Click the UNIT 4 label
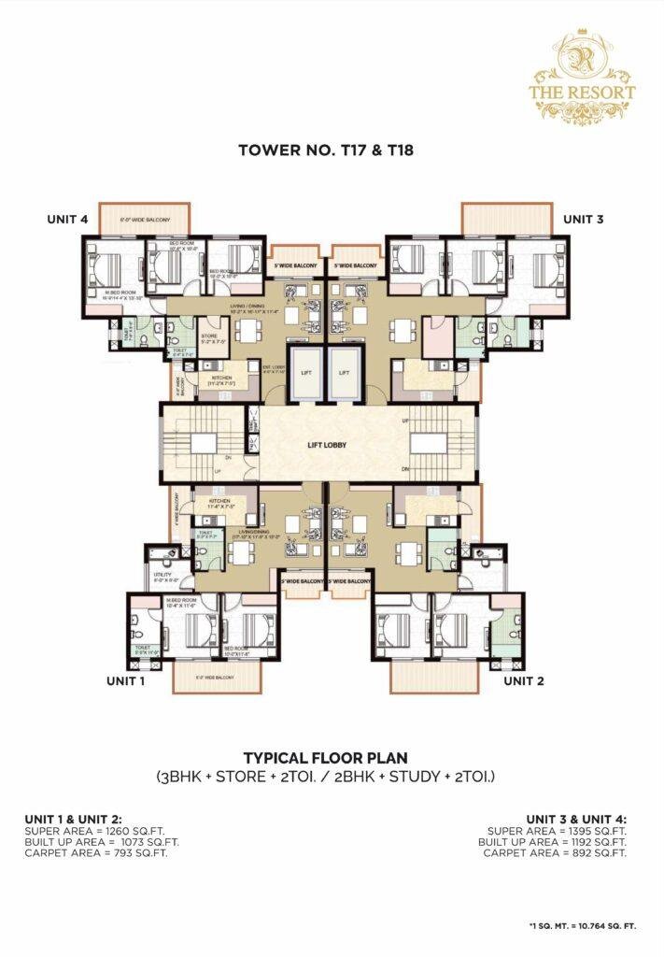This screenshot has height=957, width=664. tap(67, 219)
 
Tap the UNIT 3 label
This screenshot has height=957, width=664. tap(585, 219)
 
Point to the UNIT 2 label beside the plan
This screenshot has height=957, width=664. tap(524, 681)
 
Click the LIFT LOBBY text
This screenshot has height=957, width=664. tap(328, 445)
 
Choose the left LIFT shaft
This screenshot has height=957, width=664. tap(305, 371)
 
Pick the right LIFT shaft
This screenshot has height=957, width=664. tap(345, 371)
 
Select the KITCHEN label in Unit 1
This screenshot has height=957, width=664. tap(219, 502)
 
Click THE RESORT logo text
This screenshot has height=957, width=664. tap(595, 93)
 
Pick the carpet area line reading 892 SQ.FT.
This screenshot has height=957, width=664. tap(557, 852)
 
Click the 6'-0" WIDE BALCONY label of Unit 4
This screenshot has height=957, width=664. tap(145, 220)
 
